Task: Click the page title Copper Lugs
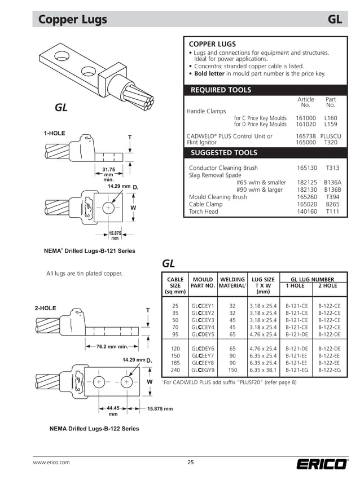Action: pos(72,20)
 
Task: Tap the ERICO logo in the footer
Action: pos(322,464)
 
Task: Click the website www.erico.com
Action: pos(51,463)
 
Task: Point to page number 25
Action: pos(191,463)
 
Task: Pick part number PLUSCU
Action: pos(331,136)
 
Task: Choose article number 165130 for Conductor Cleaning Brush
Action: pos(307,168)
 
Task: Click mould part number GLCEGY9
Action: pos(203,370)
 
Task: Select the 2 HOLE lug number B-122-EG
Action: pos(330,370)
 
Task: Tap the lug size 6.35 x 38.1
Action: pos(263,370)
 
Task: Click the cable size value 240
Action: pos(175,370)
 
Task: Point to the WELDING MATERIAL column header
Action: pos(232,283)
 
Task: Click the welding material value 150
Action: pos(232,370)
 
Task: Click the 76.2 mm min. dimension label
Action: pos(112,346)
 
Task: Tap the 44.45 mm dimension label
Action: pos(113,411)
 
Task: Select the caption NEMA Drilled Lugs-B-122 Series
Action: pos(94,429)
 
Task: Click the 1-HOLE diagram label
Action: pos(55,134)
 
